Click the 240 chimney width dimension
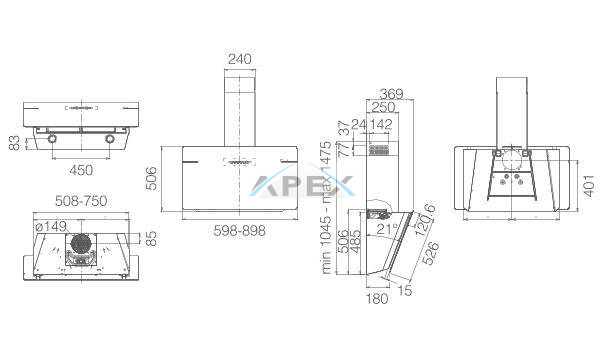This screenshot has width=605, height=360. (240, 59)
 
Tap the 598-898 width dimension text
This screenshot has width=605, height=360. (240, 230)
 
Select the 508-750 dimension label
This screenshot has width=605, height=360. (81, 201)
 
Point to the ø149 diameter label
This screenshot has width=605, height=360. (51, 226)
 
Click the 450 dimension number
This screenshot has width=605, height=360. (81, 170)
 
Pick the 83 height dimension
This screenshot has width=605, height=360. (14, 143)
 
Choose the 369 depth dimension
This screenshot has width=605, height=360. (391, 94)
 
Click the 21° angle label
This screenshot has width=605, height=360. (387, 229)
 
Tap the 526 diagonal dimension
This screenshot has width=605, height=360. (430, 254)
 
